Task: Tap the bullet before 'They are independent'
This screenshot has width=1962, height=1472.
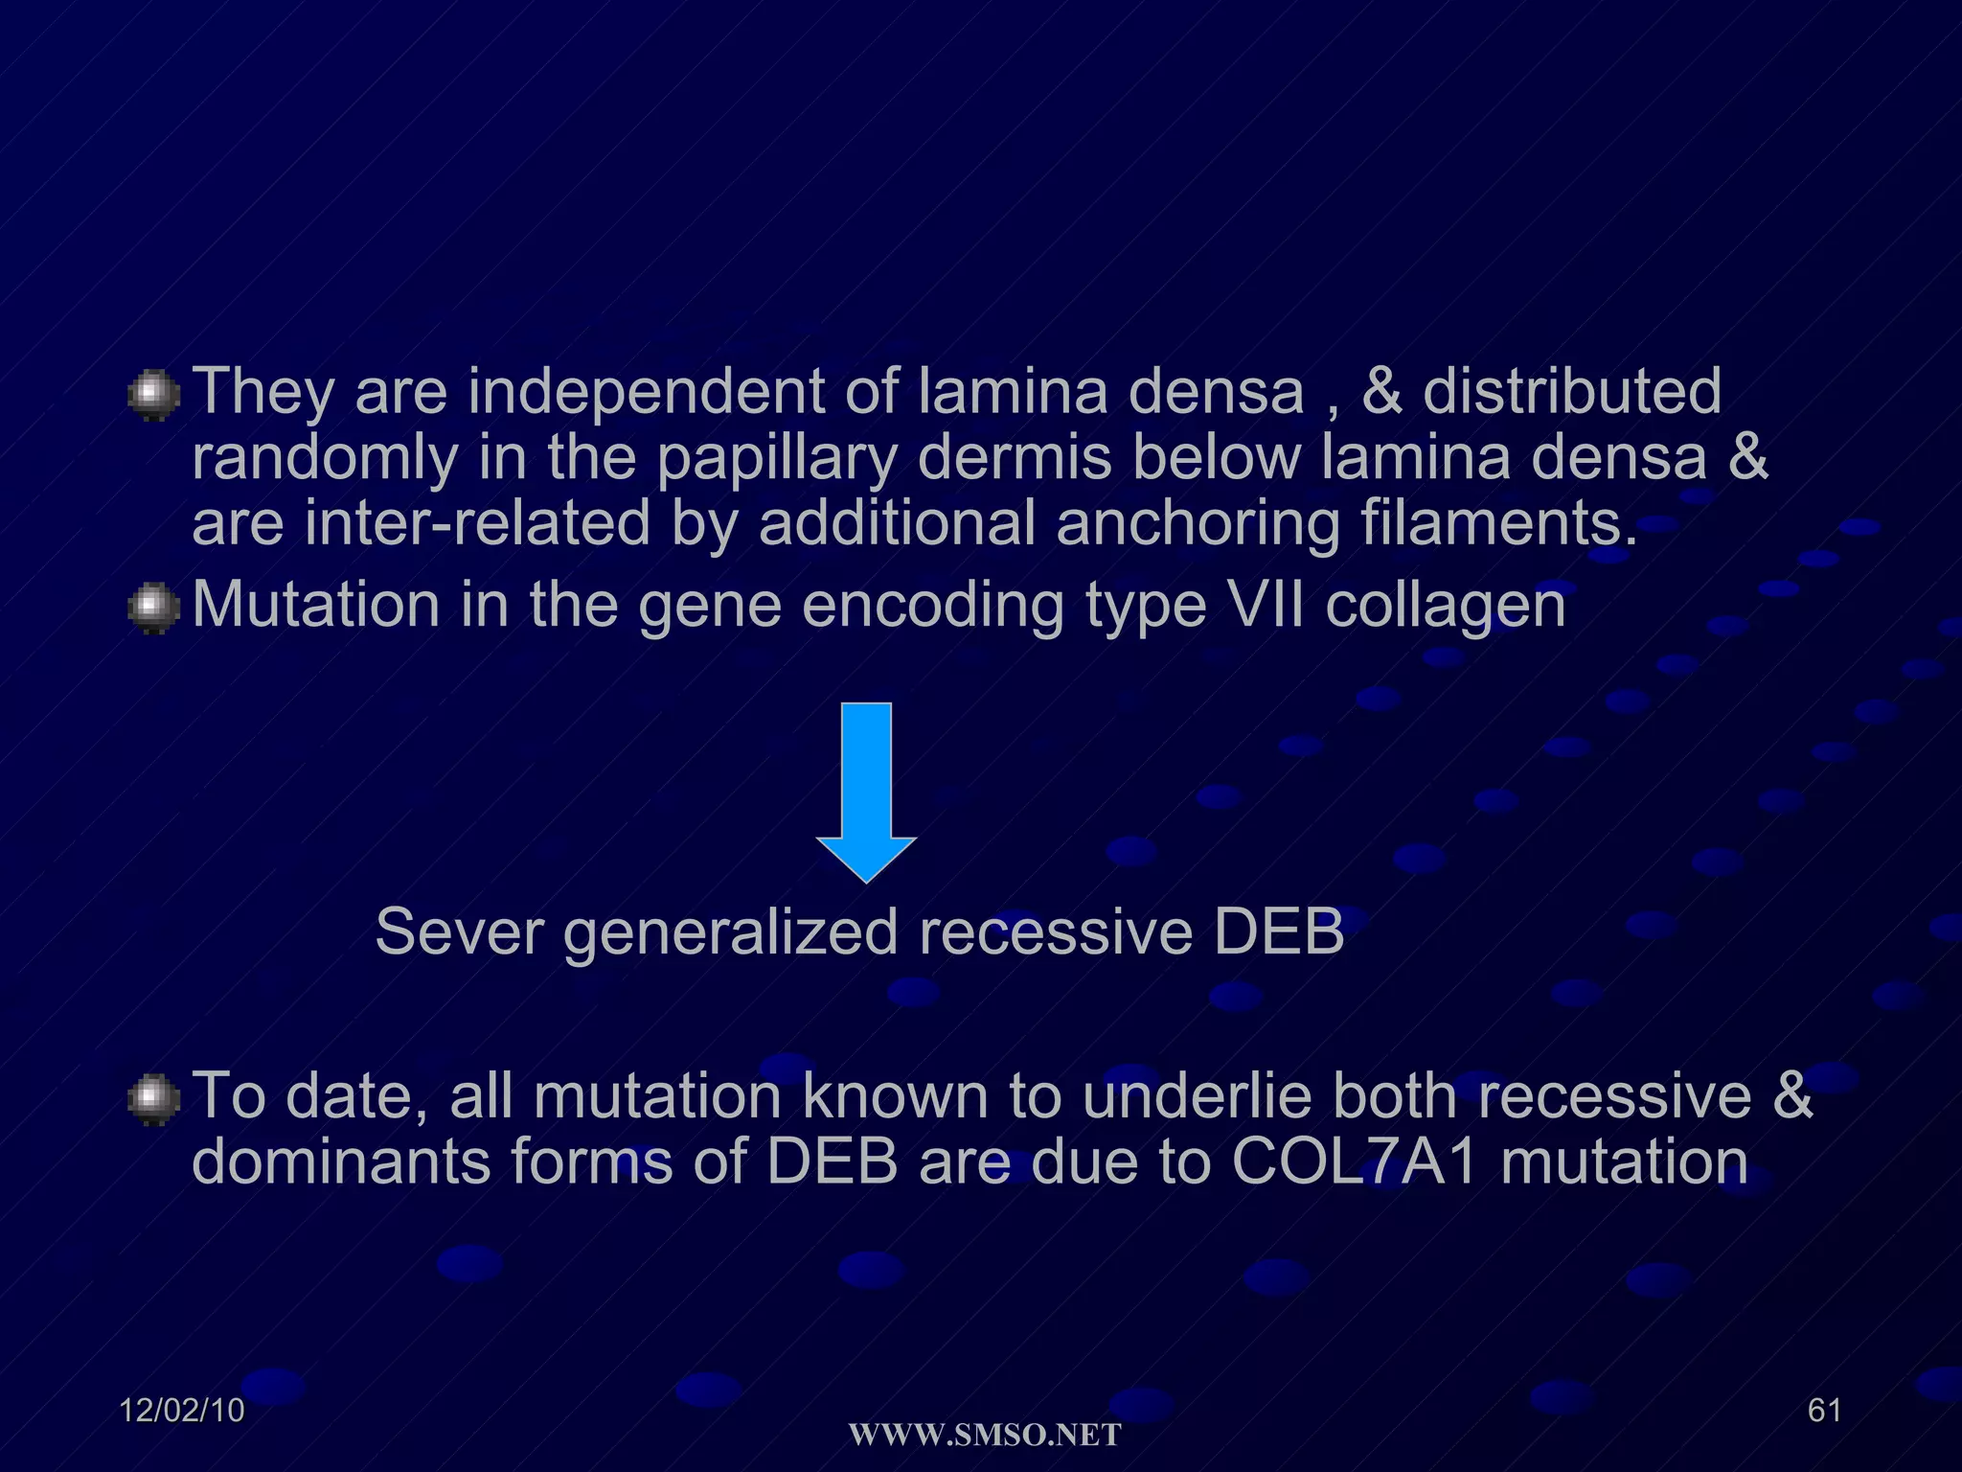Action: pos(153,396)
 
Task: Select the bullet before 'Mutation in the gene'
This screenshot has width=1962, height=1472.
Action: pos(153,609)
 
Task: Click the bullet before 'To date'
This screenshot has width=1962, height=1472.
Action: pos(153,1099)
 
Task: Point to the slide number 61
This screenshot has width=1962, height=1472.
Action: pos(1824,1410)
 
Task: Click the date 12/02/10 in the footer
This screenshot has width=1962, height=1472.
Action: pos(182,1410)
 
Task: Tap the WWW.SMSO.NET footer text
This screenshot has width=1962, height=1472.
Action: pos(985,1436)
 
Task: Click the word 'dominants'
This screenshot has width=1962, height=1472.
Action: pos(341,1161)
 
